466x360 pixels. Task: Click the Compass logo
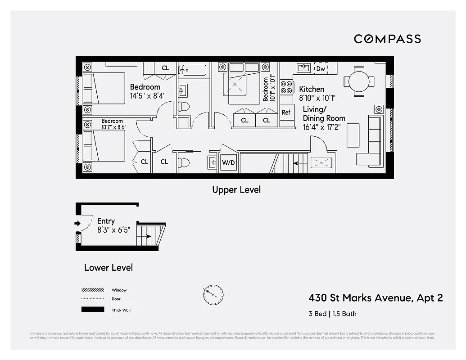(387, 39)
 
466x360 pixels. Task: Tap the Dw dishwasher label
(321, 69)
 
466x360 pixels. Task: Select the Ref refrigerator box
(286, 112)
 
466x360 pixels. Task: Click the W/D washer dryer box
(228, 162)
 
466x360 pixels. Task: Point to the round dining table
(359, 81)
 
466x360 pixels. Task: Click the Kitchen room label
(312, 89)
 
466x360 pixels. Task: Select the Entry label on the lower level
(106, 221)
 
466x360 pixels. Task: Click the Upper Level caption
(236, 190)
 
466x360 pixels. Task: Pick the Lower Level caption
(109, 268)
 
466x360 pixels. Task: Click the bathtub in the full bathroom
(192, 70)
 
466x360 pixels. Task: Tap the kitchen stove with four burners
(286, 87)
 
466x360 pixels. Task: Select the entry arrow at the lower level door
(77, 223)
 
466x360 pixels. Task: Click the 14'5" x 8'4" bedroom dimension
(147, 95)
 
